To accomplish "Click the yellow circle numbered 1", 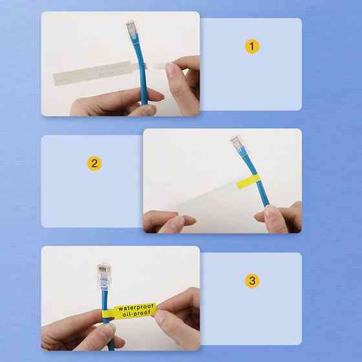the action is [x=252, y=46].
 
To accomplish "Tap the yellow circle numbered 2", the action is [x=94, y=164].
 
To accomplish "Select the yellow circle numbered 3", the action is [x=252, y=281].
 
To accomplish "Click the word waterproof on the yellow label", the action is [x=136, y=307].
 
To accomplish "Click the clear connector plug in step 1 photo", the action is [x=131, y=28].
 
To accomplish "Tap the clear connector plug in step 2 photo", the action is [x=237, y=142].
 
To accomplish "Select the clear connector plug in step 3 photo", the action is [x=105, y=277].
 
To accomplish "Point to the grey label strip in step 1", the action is [x=92, y=72].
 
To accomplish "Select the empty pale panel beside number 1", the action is [x=251, y=64].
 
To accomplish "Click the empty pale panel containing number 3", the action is [x=251, y=299].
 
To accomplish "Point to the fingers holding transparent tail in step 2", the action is [x=169, y=221].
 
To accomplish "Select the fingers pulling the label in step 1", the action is [x=183, y=85].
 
